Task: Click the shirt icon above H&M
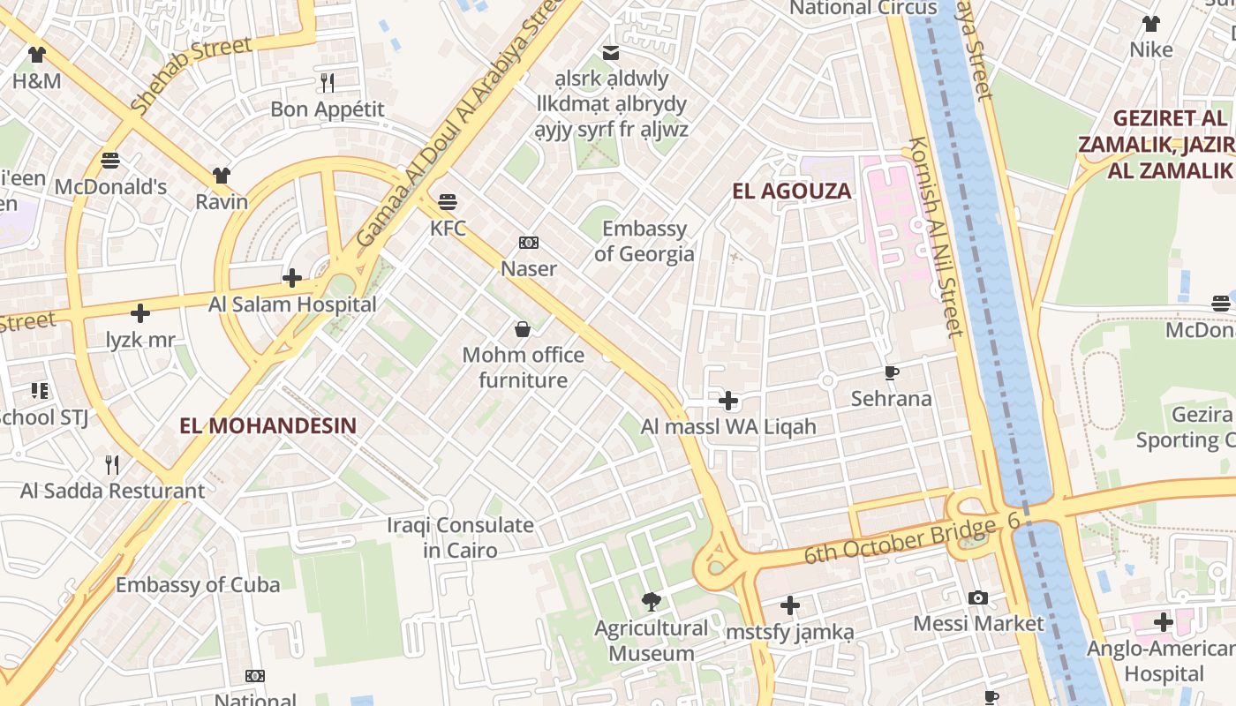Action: (x=36, y=55)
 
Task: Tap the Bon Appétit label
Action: (x=328, y=109)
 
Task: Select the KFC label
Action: (x=448, y=229)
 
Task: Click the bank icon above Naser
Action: (x=529, y=243)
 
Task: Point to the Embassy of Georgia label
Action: (x=644, y=242)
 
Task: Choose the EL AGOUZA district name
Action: (x=792, y=191)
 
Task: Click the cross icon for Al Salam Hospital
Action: (x=292, y=278)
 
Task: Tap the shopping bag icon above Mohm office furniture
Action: (x=523, y=329)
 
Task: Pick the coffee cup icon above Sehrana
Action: (x=892, y=373)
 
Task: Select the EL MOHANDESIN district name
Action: (x=268, y=425)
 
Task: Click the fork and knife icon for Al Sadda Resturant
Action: (x=112, y=464)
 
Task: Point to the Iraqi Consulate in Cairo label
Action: (x=460, y=537)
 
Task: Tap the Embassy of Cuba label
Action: (x=198, y=584)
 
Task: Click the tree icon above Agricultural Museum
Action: (x=652, y=602)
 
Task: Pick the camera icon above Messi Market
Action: (x=977, y=598)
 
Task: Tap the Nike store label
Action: (x=1151, y=49)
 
